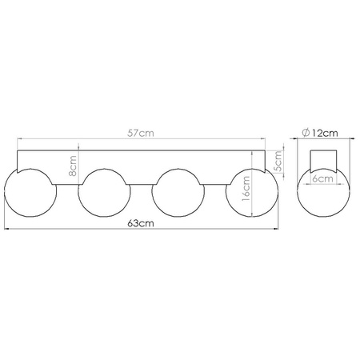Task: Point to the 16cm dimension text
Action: (246, 191)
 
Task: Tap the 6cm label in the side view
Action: (323, 179)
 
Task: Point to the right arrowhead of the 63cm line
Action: (279, 230)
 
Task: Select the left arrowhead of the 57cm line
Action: (19, 140)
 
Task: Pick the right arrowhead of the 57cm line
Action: (266, 140)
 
